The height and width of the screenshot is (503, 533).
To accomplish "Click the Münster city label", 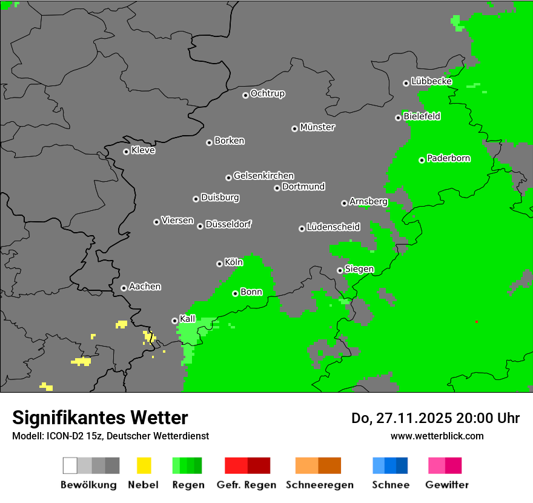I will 317,127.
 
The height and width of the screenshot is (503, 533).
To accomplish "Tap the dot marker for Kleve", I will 126,152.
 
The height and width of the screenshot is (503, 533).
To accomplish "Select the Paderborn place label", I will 448,159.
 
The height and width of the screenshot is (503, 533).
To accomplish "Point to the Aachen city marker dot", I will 124,288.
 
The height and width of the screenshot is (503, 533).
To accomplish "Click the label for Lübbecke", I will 431,81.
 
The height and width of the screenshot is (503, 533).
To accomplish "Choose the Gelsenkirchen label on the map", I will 263,176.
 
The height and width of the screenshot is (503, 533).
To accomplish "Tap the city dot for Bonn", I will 235,293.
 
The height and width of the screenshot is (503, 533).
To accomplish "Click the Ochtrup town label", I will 268,94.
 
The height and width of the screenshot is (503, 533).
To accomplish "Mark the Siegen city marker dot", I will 340,270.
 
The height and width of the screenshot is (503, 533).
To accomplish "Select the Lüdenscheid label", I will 333,227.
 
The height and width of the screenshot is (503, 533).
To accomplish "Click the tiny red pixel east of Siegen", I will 477,322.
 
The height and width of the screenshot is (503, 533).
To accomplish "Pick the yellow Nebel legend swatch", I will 144,465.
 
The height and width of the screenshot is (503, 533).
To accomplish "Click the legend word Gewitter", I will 446,485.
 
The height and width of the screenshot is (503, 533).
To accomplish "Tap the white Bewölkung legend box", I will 70,465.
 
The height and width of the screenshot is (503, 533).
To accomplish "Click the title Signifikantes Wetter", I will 100,418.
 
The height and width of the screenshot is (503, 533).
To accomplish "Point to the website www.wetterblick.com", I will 437,436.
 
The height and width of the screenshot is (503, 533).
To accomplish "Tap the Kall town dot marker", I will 174,321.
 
